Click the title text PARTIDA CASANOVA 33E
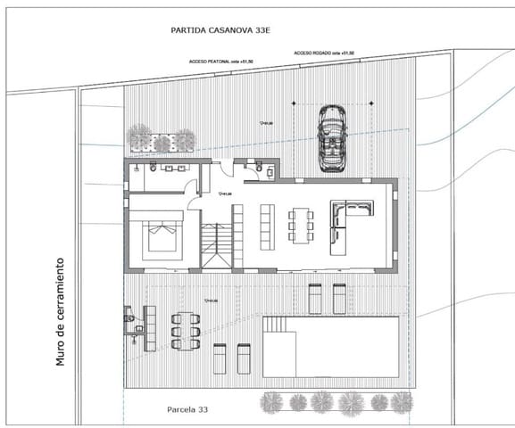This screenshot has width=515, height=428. tap(220, 30)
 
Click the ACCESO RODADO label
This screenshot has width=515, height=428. tap(325, 53)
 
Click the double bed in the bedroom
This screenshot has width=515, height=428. tap(161, 238)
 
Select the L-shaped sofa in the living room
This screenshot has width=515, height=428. tap(348, 219)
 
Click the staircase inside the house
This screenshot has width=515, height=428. tap(215, 246)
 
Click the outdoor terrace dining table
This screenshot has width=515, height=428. tap(187, 330)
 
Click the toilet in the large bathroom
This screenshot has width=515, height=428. tap(153, 167)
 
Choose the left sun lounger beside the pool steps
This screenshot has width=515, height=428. tap(220, 359)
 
